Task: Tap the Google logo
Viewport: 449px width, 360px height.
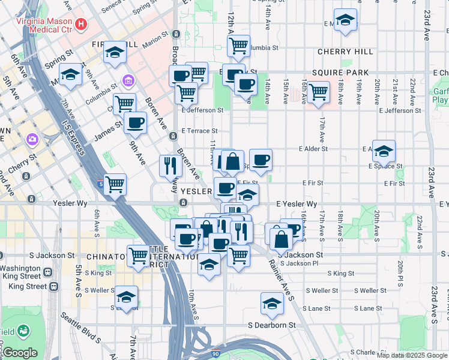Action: point(20,353)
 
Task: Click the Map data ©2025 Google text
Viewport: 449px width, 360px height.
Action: point(412,355)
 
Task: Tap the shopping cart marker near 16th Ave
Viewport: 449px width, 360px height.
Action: point(318,92)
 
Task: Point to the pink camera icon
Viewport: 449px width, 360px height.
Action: point(32,139)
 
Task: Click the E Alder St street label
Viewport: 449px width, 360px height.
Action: point(314,148)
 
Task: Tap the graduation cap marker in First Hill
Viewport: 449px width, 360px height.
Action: point(114,53)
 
